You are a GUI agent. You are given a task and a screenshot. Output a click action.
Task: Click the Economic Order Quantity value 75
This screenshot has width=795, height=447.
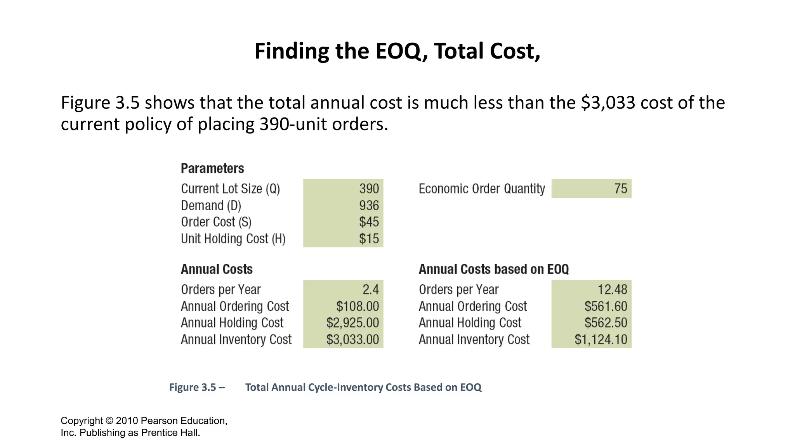click(x=620, y=189)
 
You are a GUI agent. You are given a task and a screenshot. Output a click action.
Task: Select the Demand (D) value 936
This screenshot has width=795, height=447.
click(x=369, y=206)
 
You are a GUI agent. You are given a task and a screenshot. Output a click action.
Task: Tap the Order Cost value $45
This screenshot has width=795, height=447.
click(x=369, y=222)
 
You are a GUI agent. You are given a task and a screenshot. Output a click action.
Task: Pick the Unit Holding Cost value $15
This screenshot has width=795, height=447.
click(x=369, y=239)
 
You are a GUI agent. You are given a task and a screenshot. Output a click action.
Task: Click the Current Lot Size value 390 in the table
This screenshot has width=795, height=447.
click(x=369, y=189)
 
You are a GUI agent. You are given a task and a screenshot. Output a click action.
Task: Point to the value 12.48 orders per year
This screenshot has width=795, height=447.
click(x=612, y=289)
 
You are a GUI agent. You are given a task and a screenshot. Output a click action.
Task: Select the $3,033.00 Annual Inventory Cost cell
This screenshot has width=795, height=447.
click(x=352, y=340)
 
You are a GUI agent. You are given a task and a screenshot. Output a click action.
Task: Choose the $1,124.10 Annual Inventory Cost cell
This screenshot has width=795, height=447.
click(x=601, y=340)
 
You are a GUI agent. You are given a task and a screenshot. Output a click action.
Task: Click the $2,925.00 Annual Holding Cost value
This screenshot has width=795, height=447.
click(x=352, y=323)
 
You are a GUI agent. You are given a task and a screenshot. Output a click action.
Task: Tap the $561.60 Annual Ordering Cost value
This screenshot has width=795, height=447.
click(x=606, y=307)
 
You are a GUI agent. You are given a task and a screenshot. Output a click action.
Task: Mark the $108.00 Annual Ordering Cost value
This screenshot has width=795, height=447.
click(x=358, y=307)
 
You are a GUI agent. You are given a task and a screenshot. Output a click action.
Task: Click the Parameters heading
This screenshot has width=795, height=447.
click(x=212, y=168)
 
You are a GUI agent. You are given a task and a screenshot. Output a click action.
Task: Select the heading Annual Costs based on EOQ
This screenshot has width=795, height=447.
click(x=493, y=269)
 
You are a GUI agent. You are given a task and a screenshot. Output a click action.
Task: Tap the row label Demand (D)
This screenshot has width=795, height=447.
click(x=211, y=206)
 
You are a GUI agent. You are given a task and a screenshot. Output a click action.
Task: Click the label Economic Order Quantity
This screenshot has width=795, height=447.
click(x=482, y=189)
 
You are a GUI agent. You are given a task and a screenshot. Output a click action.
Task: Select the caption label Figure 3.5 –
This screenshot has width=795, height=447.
click(x=197, y=387)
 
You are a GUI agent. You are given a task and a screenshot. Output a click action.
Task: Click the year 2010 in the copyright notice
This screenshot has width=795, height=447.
click(x=127, y=421)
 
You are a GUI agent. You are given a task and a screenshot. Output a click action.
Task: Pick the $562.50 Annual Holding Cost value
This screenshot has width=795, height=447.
click(x=606, y=323)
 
